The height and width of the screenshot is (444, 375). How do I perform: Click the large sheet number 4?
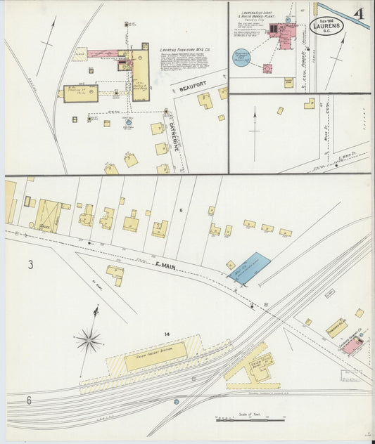tap(359, 14)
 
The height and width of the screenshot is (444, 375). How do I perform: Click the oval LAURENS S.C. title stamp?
tap(327, 26)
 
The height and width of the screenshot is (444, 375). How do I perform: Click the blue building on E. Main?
tap(249, 268)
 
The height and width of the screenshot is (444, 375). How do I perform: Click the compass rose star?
tap(89, 341)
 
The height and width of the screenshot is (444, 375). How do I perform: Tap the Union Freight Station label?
tap(155, 356)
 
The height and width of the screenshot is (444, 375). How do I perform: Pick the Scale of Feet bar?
tap(250, 420)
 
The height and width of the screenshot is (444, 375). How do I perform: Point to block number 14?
tap(167, 334)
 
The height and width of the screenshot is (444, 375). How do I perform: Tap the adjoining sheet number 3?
tap(30, 265)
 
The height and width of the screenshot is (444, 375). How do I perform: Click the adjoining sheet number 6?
tap(30, 400)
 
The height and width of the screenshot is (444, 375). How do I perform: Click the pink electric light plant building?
tap(286, 35)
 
